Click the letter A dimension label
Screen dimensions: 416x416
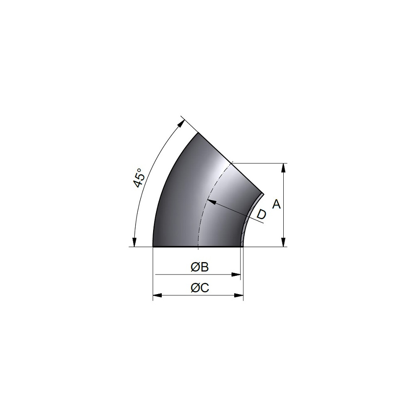click(277, 204)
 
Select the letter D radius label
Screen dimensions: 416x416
click(262, 214)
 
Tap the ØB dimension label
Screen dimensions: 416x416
click(200, 267)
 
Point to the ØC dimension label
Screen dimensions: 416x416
click(200, 287)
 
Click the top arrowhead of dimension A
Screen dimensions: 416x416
click(284, 168)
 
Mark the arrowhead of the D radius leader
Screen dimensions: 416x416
click(211, 201)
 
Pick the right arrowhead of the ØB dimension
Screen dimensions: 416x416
click(236, 275)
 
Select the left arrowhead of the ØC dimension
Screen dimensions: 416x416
click(158, 295)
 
